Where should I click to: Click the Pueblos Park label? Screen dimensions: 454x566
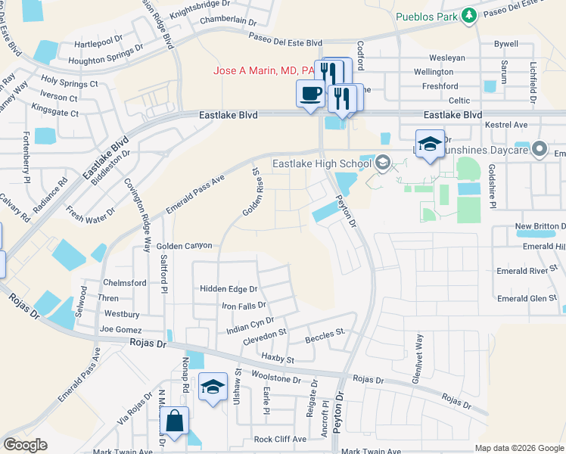427,15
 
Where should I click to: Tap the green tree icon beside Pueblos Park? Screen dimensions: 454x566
469,14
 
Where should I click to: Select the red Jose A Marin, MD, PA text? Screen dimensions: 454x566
264,70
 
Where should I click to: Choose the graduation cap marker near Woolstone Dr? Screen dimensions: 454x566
213,387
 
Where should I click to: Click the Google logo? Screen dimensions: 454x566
26,444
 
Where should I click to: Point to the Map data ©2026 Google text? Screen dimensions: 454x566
518,448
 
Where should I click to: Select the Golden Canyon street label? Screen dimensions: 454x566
184,247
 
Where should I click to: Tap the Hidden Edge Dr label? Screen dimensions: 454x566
229,289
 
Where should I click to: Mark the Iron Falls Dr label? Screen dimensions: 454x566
244,306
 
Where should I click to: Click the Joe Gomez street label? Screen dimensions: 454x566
121,329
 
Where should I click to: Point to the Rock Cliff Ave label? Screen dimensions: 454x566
280,439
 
